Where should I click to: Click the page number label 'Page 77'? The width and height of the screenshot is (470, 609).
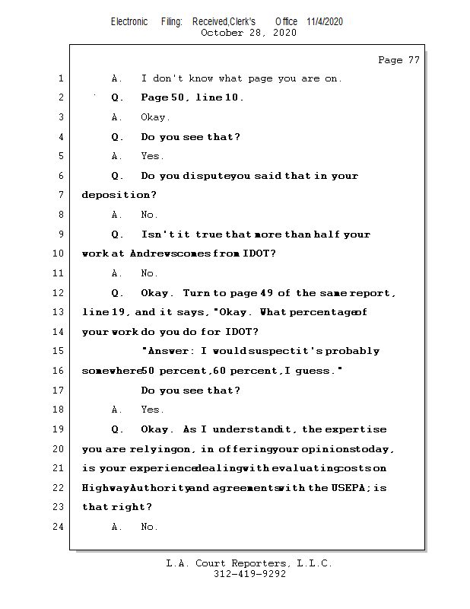(x=399, y=60)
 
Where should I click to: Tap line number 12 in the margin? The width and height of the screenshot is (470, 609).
(x=60, y=293)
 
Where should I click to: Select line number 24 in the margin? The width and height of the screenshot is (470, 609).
(x=60, y=527)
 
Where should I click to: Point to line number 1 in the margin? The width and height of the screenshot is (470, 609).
(x=60, y=78)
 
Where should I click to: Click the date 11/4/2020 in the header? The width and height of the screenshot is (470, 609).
(x=325, y=21)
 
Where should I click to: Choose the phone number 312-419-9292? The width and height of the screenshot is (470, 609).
(x=249, y=575)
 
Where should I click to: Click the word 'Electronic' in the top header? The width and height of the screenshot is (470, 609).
(x=129, y=21)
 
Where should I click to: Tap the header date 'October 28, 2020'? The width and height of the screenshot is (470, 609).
(x=249, y=33)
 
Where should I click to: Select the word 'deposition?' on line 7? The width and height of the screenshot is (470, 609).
(x=113, y=196)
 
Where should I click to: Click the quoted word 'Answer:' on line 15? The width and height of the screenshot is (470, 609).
(x=170, y=352)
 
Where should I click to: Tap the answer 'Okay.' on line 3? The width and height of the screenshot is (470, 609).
(x=156, y=117)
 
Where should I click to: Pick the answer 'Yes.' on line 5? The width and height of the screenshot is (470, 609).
(x=152, y=156)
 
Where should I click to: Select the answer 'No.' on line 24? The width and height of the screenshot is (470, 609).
(x=149, y=527)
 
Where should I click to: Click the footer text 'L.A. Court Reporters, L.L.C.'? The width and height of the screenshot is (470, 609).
(x=249, y=563)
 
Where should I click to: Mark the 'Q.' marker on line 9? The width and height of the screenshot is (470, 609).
(x=117, y=234)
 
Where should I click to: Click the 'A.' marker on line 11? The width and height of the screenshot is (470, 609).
(x=117, y=273)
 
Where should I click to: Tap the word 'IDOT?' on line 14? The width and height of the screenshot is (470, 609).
(x=238, y=332)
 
